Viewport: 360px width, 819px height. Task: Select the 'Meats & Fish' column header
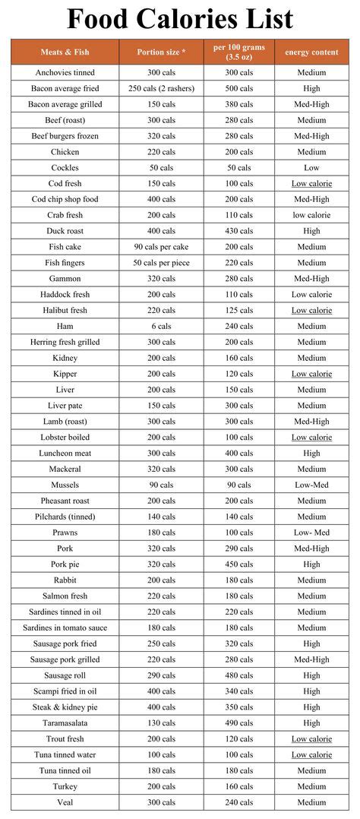65,52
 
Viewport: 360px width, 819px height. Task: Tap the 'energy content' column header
311,52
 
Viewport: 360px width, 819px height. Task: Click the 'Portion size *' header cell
161,52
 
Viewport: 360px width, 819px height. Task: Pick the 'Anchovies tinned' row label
65,73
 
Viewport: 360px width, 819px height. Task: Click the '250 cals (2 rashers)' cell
161,89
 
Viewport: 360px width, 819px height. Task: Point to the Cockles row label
65,168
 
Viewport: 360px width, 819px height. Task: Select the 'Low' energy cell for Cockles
311,168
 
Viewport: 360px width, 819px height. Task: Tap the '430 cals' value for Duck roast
238,231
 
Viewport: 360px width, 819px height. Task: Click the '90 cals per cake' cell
161,247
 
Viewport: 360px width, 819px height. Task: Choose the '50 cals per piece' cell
161,263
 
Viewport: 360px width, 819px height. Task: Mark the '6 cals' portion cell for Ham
161,326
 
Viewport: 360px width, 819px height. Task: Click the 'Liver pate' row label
65,406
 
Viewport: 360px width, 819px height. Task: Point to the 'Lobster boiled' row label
65,438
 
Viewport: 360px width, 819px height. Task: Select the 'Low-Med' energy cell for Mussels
311,485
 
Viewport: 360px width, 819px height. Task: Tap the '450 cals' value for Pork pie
238,564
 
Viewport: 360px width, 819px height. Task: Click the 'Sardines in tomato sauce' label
65,628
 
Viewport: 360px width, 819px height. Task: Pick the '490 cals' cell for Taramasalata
238,723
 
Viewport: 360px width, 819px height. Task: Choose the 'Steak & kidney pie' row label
65,707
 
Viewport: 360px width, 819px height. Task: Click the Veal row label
65,802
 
